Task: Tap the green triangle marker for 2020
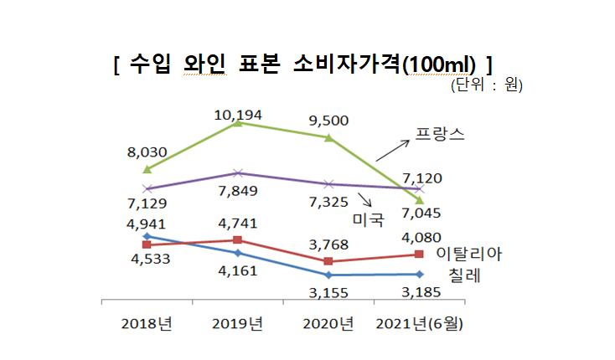point(328,137)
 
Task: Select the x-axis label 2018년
point(147,324)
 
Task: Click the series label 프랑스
point(442,134)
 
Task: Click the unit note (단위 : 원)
point(488,85)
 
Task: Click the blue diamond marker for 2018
point(147,236)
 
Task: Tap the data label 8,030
point(147,152)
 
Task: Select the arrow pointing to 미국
point(364,199)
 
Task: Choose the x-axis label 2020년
point(329,324)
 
